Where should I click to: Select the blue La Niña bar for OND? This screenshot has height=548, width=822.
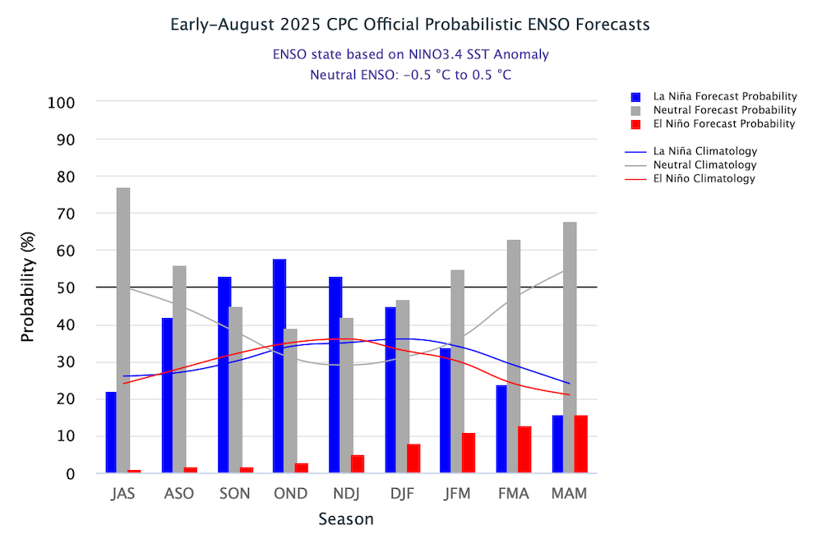coord(279,366)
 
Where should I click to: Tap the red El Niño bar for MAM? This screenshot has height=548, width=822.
coord(580,444)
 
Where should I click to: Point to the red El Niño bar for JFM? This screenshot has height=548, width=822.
coord(469,453)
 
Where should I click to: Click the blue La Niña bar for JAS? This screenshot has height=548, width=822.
coord(111,432)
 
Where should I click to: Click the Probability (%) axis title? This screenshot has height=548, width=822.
coord(28,288)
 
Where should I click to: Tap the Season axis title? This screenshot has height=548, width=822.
coord(346,519)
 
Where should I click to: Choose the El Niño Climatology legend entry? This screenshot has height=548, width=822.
coord(704,178)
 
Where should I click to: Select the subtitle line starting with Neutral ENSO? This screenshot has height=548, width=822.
coord(411,75)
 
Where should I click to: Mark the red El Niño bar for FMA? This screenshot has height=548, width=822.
coord(524,449)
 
